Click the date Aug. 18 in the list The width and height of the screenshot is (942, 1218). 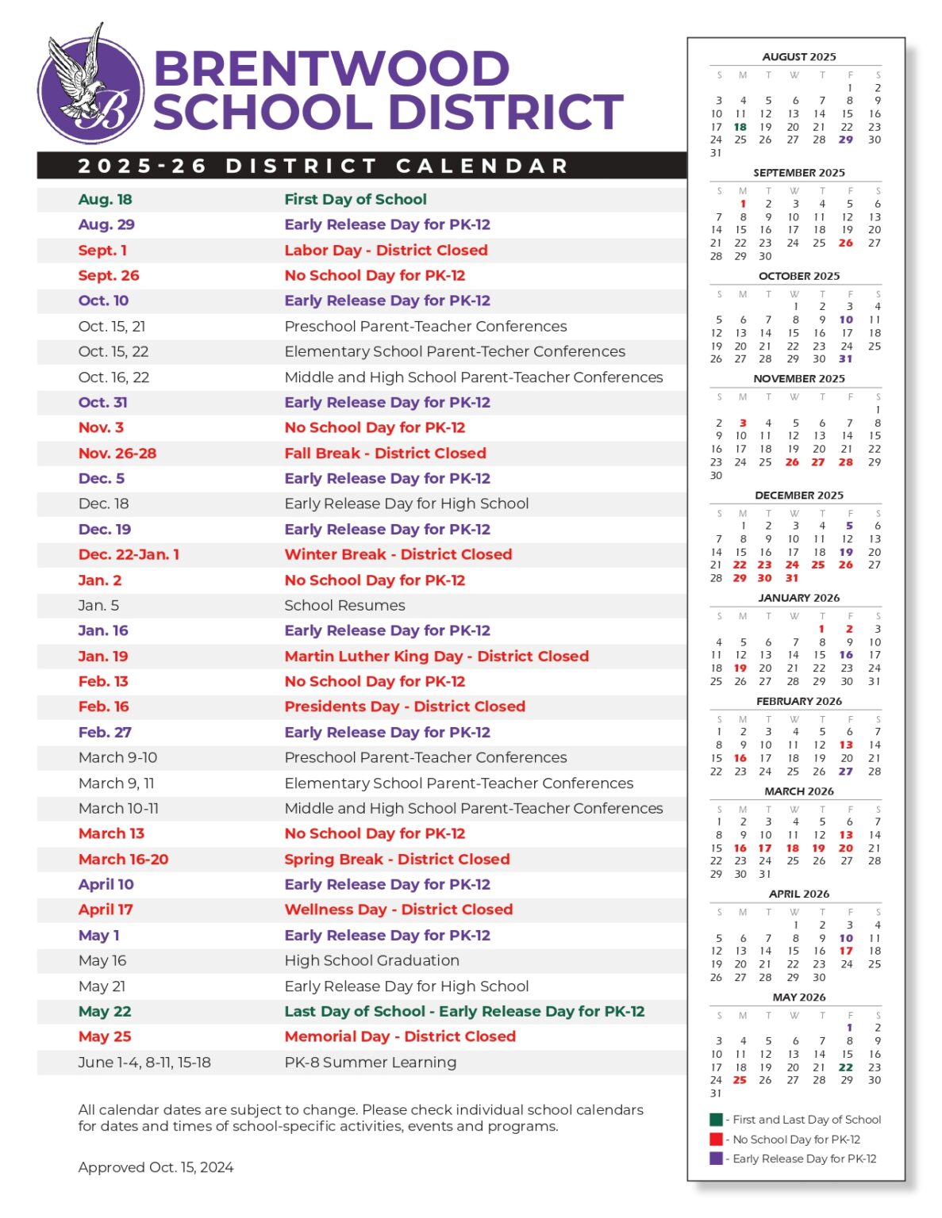coord(105,200)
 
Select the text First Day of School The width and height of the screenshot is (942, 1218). coord(355,200)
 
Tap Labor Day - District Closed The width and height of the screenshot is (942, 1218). coord(386,251)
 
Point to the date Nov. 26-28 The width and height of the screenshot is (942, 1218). coord(117,454)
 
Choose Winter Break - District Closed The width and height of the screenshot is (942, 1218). coord(398,555)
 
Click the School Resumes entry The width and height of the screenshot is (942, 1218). coord(344,606)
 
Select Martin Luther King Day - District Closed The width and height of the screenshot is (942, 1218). coord(436,657)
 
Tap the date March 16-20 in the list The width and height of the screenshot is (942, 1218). coord(123,860)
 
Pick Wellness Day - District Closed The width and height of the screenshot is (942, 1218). coord(398,910)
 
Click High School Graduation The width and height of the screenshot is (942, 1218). coord(371,961)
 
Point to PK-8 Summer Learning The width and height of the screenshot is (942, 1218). coord(370,1063)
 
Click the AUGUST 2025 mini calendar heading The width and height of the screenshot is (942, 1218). coord(798,57)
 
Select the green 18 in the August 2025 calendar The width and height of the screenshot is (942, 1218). coord(740,127)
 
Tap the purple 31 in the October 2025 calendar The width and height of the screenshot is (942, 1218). coord(846,359)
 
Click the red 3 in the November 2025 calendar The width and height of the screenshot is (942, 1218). coord(743,423)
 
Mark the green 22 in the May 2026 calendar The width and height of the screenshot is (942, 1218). coord(846,1067)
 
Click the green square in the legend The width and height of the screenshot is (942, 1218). coord(716,1120)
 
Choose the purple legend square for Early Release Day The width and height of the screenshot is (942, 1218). coord(716,1159)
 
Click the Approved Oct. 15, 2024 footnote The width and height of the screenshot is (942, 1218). coord(156,1167)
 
